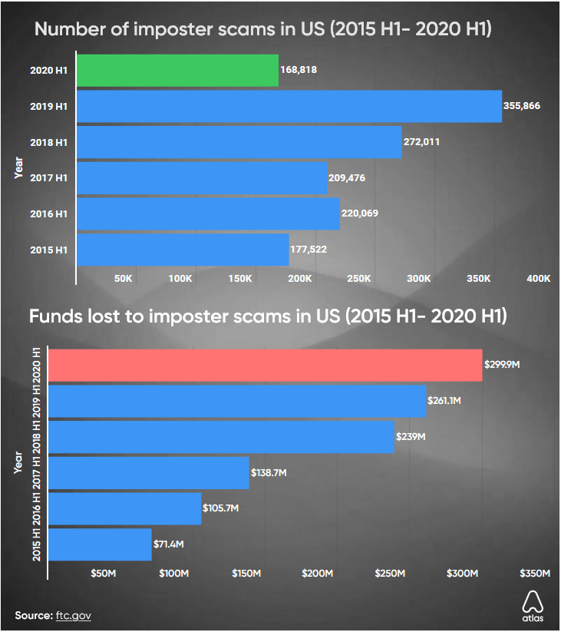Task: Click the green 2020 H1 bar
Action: click(177, 70)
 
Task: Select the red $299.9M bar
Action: click(266, 364)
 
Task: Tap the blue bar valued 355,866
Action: click(289, 106)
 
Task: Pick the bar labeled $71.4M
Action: click(100, 544)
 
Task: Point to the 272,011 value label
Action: click(422, 142)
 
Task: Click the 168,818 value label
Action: click(299, 70)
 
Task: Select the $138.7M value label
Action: click(269, 473)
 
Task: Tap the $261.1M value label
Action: click(445, 400)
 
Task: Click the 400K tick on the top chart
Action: click(538, 278)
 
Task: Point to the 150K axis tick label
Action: click(239, 278)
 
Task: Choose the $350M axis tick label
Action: click(535, 574)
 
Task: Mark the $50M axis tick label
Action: click(103, 574)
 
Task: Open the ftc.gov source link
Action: click(74, 616)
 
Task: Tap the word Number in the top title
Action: click(73, 30)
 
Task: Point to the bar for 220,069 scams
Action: click(208, 213)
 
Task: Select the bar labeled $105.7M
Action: click(124, 508)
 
